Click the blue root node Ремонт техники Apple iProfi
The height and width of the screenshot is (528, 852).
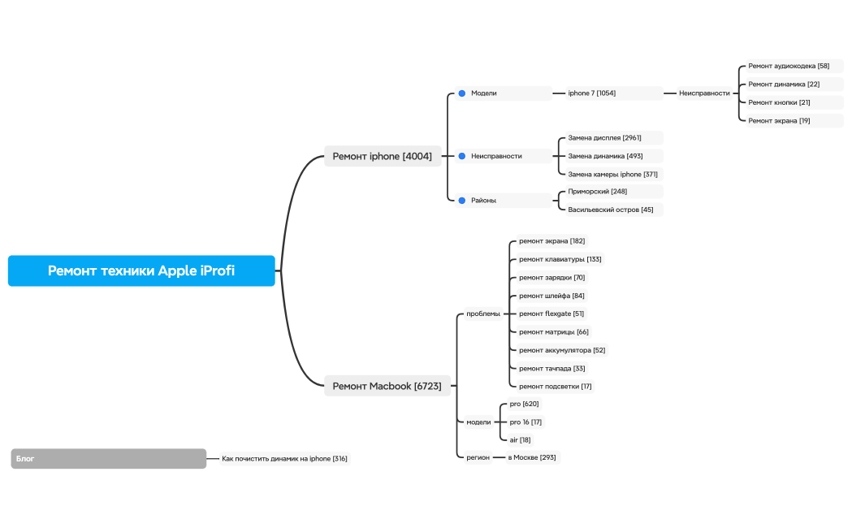tap(141, 270)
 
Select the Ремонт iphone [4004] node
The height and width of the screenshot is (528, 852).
tap(382, 156)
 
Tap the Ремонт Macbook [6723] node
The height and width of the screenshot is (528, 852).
tap(387, 386)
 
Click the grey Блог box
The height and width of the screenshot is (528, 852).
tap(109, 459)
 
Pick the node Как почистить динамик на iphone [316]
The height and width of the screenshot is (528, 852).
tap(284, 459)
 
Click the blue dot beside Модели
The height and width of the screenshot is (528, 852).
tap(461, 93)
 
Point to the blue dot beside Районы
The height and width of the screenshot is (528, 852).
tap(461, 200)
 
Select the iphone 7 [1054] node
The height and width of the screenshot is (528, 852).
tap(592, 93)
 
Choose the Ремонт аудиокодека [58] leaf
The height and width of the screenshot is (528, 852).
tap(789, 66)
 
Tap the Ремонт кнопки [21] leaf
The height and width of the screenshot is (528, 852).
tap(779, 102)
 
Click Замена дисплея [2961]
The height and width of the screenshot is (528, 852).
tap(604, 138)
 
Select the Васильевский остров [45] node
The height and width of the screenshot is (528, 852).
tap(610, 210)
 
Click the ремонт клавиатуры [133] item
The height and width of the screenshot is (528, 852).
tap(560, 259)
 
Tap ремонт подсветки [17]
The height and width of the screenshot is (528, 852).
tap(555, 387)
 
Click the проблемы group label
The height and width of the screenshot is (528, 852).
tap(483, 314)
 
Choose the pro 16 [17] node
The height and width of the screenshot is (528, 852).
tap(525, 422)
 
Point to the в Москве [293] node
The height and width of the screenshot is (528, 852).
tap(532, 457)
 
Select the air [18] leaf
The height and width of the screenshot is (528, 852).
tap(520, 439)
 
